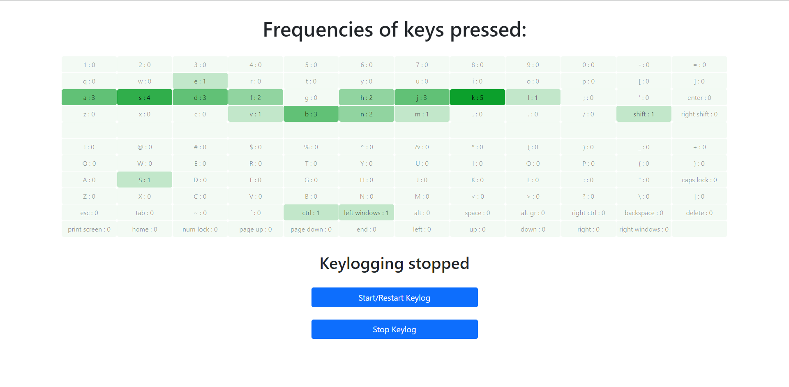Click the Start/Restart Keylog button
[x=394, y=297]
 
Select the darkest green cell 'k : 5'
[x=477, y=97]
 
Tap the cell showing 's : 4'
[x=144, y=97]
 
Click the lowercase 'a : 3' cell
[x=89, y=97]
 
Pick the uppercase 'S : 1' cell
[x=144, y=180]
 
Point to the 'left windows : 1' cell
[x=366, y=213]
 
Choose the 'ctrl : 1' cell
[x=311, y=213]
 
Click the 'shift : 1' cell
[x=644, y=114]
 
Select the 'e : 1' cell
[x=200, y=81]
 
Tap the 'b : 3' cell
[x=311, y=114]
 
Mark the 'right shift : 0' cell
[x=699, y=114]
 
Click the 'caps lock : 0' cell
[x=699, y=180]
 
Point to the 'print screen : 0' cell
[x=89, y=229]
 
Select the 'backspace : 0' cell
[x=644, y=213]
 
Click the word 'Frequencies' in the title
[x=318, y=30]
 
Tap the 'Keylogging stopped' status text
[x=394, y=264]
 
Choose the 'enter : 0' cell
[x=699, y=97]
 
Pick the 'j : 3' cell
[x=422, y=97]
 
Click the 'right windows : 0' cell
[x=644, y=229]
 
